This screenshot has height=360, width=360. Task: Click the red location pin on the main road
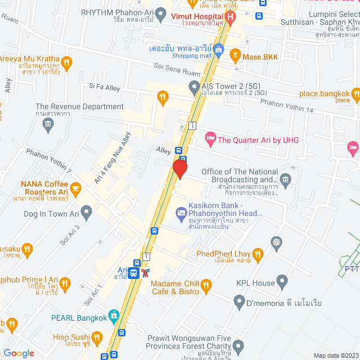[x=179, y=168]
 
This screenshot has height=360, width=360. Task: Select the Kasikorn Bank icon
[x=181, y=212]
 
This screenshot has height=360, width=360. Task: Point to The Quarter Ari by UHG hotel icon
[x=210, y=137]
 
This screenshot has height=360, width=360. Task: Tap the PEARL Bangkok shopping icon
[x=114, y=317]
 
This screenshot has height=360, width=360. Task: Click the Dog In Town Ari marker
[x=86, y=213]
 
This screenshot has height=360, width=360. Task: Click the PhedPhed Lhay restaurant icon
[x=258, y=255]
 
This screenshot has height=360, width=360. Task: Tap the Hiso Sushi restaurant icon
[x=97, y=337]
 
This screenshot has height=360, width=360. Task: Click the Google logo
[x=19, y=353]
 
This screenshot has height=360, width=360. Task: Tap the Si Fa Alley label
[x=105, y=87]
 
